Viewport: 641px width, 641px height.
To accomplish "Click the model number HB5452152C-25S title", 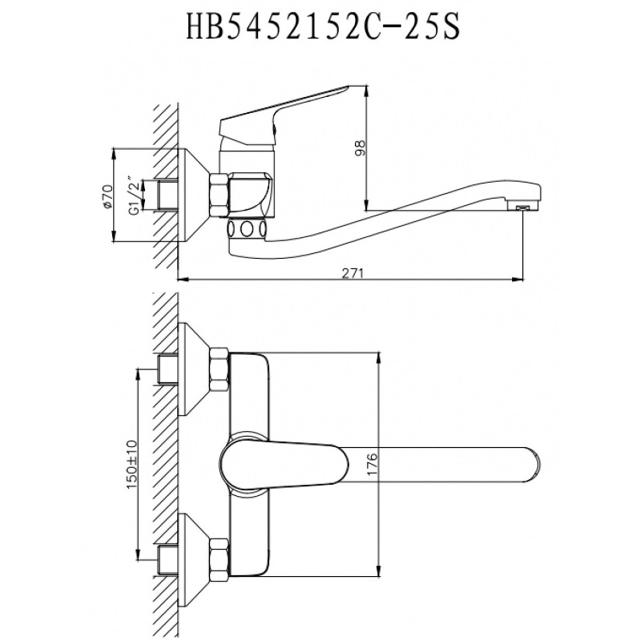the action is click(x=323, y=26).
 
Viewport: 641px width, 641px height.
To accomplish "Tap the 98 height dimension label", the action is click(x=360, y=148).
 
